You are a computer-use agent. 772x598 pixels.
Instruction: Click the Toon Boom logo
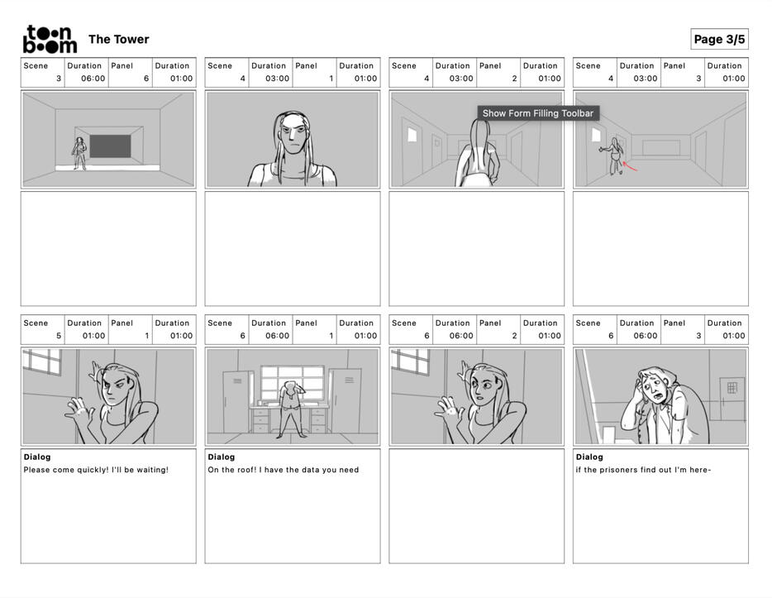50,39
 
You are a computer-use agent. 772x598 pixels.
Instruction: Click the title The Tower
119,40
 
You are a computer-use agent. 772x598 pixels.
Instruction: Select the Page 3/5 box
719,40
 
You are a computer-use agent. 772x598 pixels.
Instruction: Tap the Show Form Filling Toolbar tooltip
538,113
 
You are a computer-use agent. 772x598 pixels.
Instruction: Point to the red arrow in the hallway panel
630,166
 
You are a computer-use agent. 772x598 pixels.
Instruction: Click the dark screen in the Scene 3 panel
110,146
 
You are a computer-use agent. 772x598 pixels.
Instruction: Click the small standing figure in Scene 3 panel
79,153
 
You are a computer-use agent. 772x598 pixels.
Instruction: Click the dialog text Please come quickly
96,470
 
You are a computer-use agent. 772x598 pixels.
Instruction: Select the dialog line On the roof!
284,470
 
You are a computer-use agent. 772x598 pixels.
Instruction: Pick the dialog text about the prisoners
643,470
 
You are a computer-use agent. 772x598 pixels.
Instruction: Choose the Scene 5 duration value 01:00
93,336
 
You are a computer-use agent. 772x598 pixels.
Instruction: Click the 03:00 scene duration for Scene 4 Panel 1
277,79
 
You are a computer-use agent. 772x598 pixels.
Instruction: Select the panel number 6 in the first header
146,79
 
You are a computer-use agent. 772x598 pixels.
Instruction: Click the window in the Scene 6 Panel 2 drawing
411,361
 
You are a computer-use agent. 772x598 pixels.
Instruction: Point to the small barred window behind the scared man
732,388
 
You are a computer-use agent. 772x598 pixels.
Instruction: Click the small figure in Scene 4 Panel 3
613,155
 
